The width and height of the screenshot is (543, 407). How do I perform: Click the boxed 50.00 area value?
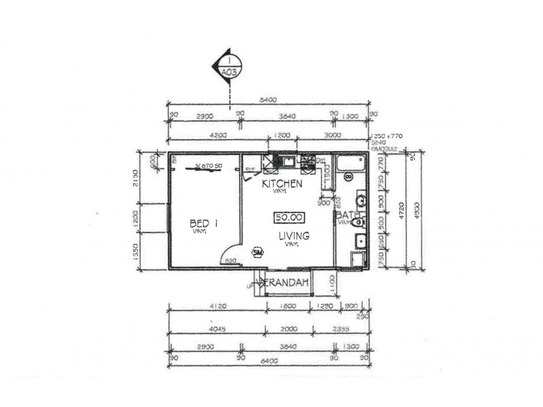288,217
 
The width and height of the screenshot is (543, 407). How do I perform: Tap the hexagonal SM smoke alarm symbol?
257,252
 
